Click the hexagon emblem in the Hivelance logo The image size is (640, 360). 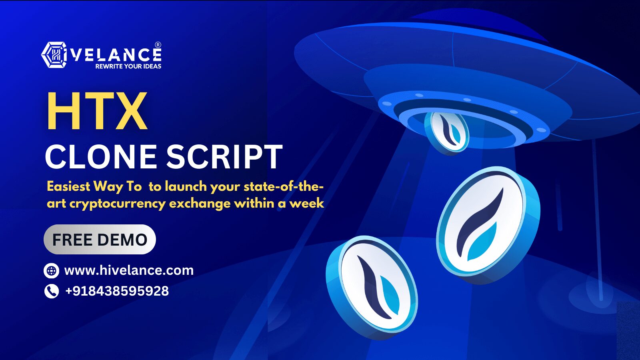tap(54, 55)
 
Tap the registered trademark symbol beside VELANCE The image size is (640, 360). tap(158, 45)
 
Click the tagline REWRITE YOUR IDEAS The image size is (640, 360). tap(128, 66)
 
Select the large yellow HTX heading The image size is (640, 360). tap(97, 111)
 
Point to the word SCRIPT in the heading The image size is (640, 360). tap(224, 156)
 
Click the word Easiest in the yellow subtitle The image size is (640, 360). tap(68, 186)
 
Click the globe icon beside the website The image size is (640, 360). tap(52, 270)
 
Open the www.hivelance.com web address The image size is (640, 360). tap(129, 270)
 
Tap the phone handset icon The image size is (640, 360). tap(52, 291)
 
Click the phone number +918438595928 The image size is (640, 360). tap(117, 291)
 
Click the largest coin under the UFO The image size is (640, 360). tap(488, 225)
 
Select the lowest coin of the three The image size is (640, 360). tap(372, 287)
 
